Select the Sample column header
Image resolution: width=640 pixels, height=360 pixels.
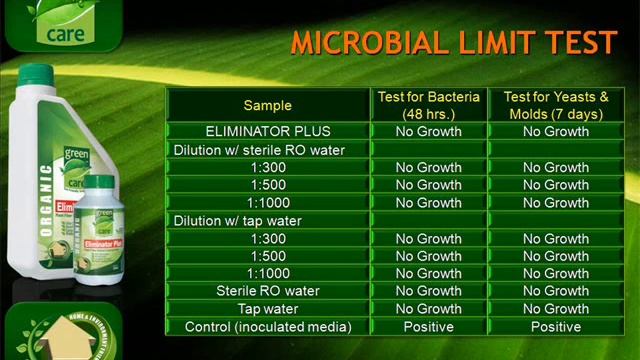268,105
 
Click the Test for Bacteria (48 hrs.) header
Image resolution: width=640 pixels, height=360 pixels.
428,105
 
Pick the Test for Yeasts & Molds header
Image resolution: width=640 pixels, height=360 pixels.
556,105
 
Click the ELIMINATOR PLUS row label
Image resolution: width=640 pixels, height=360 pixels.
268,131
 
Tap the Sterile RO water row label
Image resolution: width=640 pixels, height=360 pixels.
268,291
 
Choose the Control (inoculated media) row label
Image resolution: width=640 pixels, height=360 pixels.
268,327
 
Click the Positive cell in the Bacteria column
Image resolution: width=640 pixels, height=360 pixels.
428,327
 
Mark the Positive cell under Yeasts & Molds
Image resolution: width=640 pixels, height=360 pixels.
556,327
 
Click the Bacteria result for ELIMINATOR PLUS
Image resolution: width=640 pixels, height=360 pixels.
428,131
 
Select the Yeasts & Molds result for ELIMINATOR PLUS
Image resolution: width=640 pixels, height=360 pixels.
556,131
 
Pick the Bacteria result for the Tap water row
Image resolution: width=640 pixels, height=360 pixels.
428,309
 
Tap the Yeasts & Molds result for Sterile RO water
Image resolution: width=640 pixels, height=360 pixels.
556,291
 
